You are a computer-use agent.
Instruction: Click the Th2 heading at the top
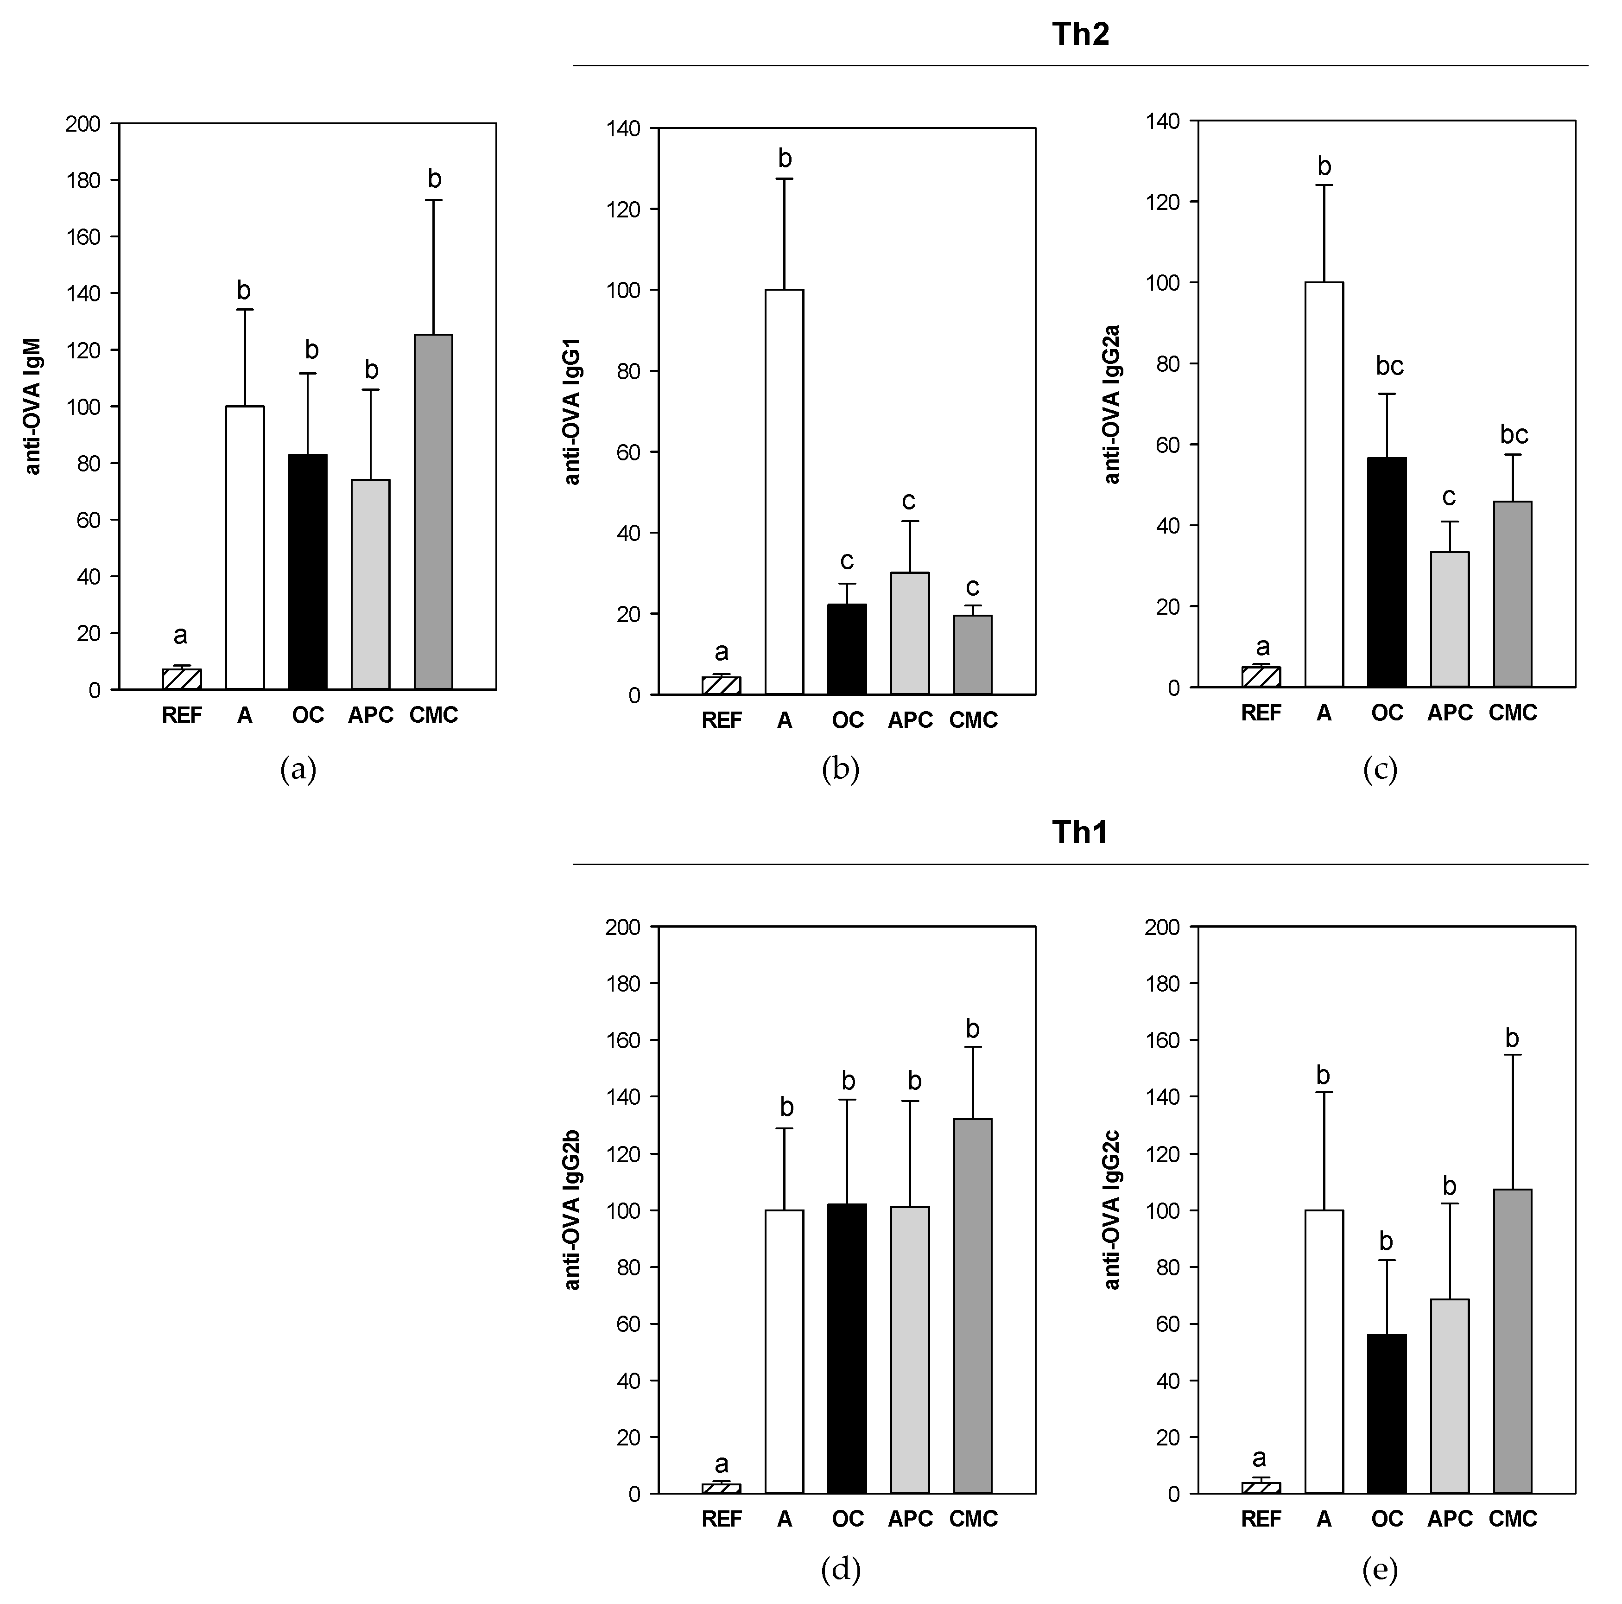(x=1081, y=33)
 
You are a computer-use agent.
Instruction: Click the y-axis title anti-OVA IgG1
(x=573, y=412)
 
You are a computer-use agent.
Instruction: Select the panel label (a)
(x=298, y=769)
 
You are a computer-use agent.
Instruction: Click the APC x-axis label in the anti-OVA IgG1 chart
(x=910, y=720)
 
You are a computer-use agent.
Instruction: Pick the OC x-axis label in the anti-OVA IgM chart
(x=308, y=715)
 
